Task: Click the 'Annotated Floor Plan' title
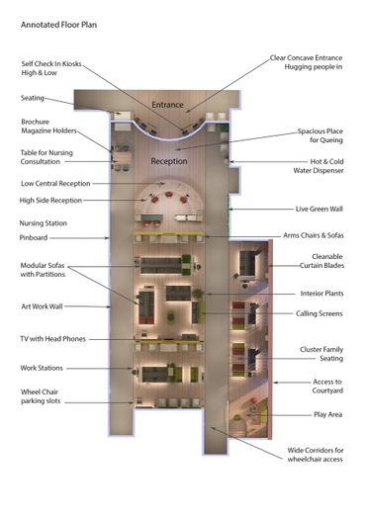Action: click(58, 25)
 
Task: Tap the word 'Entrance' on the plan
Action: click(167, 105)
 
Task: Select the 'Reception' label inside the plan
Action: click(169, 161)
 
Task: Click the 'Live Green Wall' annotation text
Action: click(320, 209)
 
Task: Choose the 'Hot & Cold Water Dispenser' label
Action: click(319, 166)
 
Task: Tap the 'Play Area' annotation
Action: click(327, 414)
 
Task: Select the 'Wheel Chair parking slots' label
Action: click(41, 396)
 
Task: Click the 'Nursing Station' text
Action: click(43, 223)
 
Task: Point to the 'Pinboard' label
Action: click(34, 237)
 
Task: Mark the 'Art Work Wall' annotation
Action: click(42, 306)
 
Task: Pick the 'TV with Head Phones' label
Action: click(52, 339)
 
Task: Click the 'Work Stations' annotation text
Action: click(42, 368)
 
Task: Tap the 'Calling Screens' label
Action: click(320, 313)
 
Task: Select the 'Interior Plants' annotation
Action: click(321, 294)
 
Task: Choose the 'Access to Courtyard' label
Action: click(327, 387)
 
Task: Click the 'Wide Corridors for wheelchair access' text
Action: click(316, 455)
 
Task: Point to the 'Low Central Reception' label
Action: click(55, 183)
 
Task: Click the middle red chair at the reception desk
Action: click(168, 194)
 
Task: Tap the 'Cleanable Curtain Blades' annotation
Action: click(321, 261)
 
